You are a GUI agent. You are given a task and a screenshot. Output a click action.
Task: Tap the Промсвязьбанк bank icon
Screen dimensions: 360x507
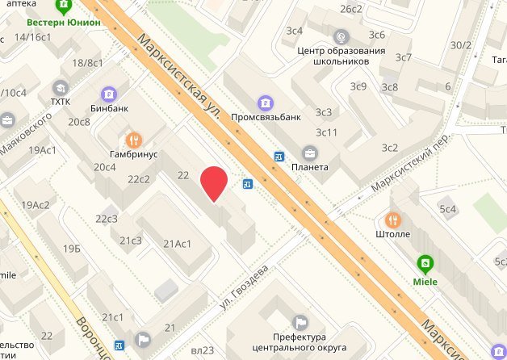(265, 103)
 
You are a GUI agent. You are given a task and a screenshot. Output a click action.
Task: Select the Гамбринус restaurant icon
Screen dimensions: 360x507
(134, 138)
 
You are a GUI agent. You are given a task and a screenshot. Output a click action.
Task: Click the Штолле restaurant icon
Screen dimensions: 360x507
(392, 219)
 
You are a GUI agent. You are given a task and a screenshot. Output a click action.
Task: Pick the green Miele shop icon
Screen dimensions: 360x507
(424, 262)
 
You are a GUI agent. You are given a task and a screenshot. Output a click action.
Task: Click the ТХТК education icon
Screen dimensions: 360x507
(60, 88)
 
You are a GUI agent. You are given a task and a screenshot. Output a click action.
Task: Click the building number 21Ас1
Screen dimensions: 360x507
(177, 244)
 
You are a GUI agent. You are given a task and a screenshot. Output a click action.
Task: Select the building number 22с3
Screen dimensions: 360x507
(107, 219)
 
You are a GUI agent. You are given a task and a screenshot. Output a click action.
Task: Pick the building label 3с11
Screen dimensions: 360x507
(326, 132)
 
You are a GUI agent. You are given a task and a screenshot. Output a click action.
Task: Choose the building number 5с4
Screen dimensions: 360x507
(448, 209)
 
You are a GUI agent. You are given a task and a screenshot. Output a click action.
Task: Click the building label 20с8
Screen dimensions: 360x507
(79, 122)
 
